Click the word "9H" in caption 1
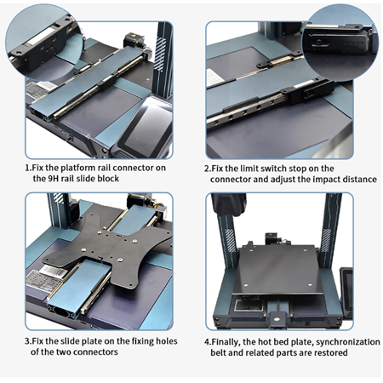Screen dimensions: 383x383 click(54, 179)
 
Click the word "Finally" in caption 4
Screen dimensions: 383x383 click(226, 342)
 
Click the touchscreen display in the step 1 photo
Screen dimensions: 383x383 click(146, 125)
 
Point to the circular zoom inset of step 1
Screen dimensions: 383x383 click(44, 43)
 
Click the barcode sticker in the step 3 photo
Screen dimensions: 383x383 click(55, 272)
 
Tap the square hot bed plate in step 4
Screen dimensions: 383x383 click(278, 270)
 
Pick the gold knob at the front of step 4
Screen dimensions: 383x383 click(277, 318)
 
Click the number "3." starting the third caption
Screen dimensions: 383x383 click(28, 341)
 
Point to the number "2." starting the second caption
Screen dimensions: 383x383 click(208, 169)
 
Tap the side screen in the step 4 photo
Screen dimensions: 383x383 click(346, 292)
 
